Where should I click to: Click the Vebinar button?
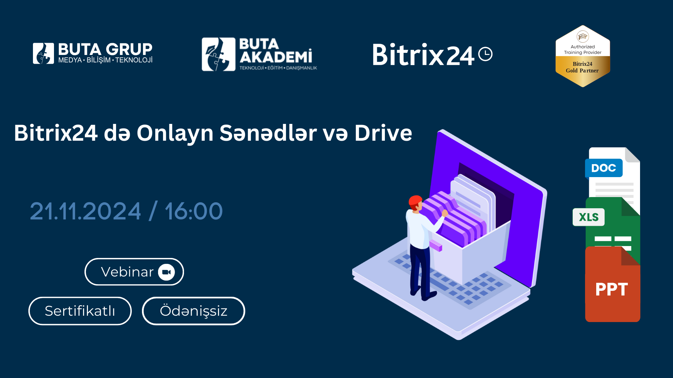(134, 272)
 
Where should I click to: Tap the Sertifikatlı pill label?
(80, 311)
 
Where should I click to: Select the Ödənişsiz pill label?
(193, 311)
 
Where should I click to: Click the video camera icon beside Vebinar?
(166, 272)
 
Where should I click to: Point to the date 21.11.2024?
(86, 211)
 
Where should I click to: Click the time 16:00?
(194, 211)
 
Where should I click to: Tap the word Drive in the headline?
(383, 133)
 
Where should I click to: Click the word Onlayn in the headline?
(175, 134)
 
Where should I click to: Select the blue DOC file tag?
(604, 168)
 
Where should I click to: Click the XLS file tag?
(589, 217)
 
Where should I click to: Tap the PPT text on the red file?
(612, 289)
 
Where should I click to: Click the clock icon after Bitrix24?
(485, 54)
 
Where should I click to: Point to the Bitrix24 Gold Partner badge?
(583, 56)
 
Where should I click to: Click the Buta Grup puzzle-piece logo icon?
(43, 54)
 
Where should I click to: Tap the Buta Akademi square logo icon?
(218, 54)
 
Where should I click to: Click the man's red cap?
(415, 201)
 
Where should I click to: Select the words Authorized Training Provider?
(583, 49)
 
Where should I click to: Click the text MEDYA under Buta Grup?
(70, 60)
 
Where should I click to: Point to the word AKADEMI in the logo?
(276, 57)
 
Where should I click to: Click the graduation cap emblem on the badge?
(583, 36)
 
